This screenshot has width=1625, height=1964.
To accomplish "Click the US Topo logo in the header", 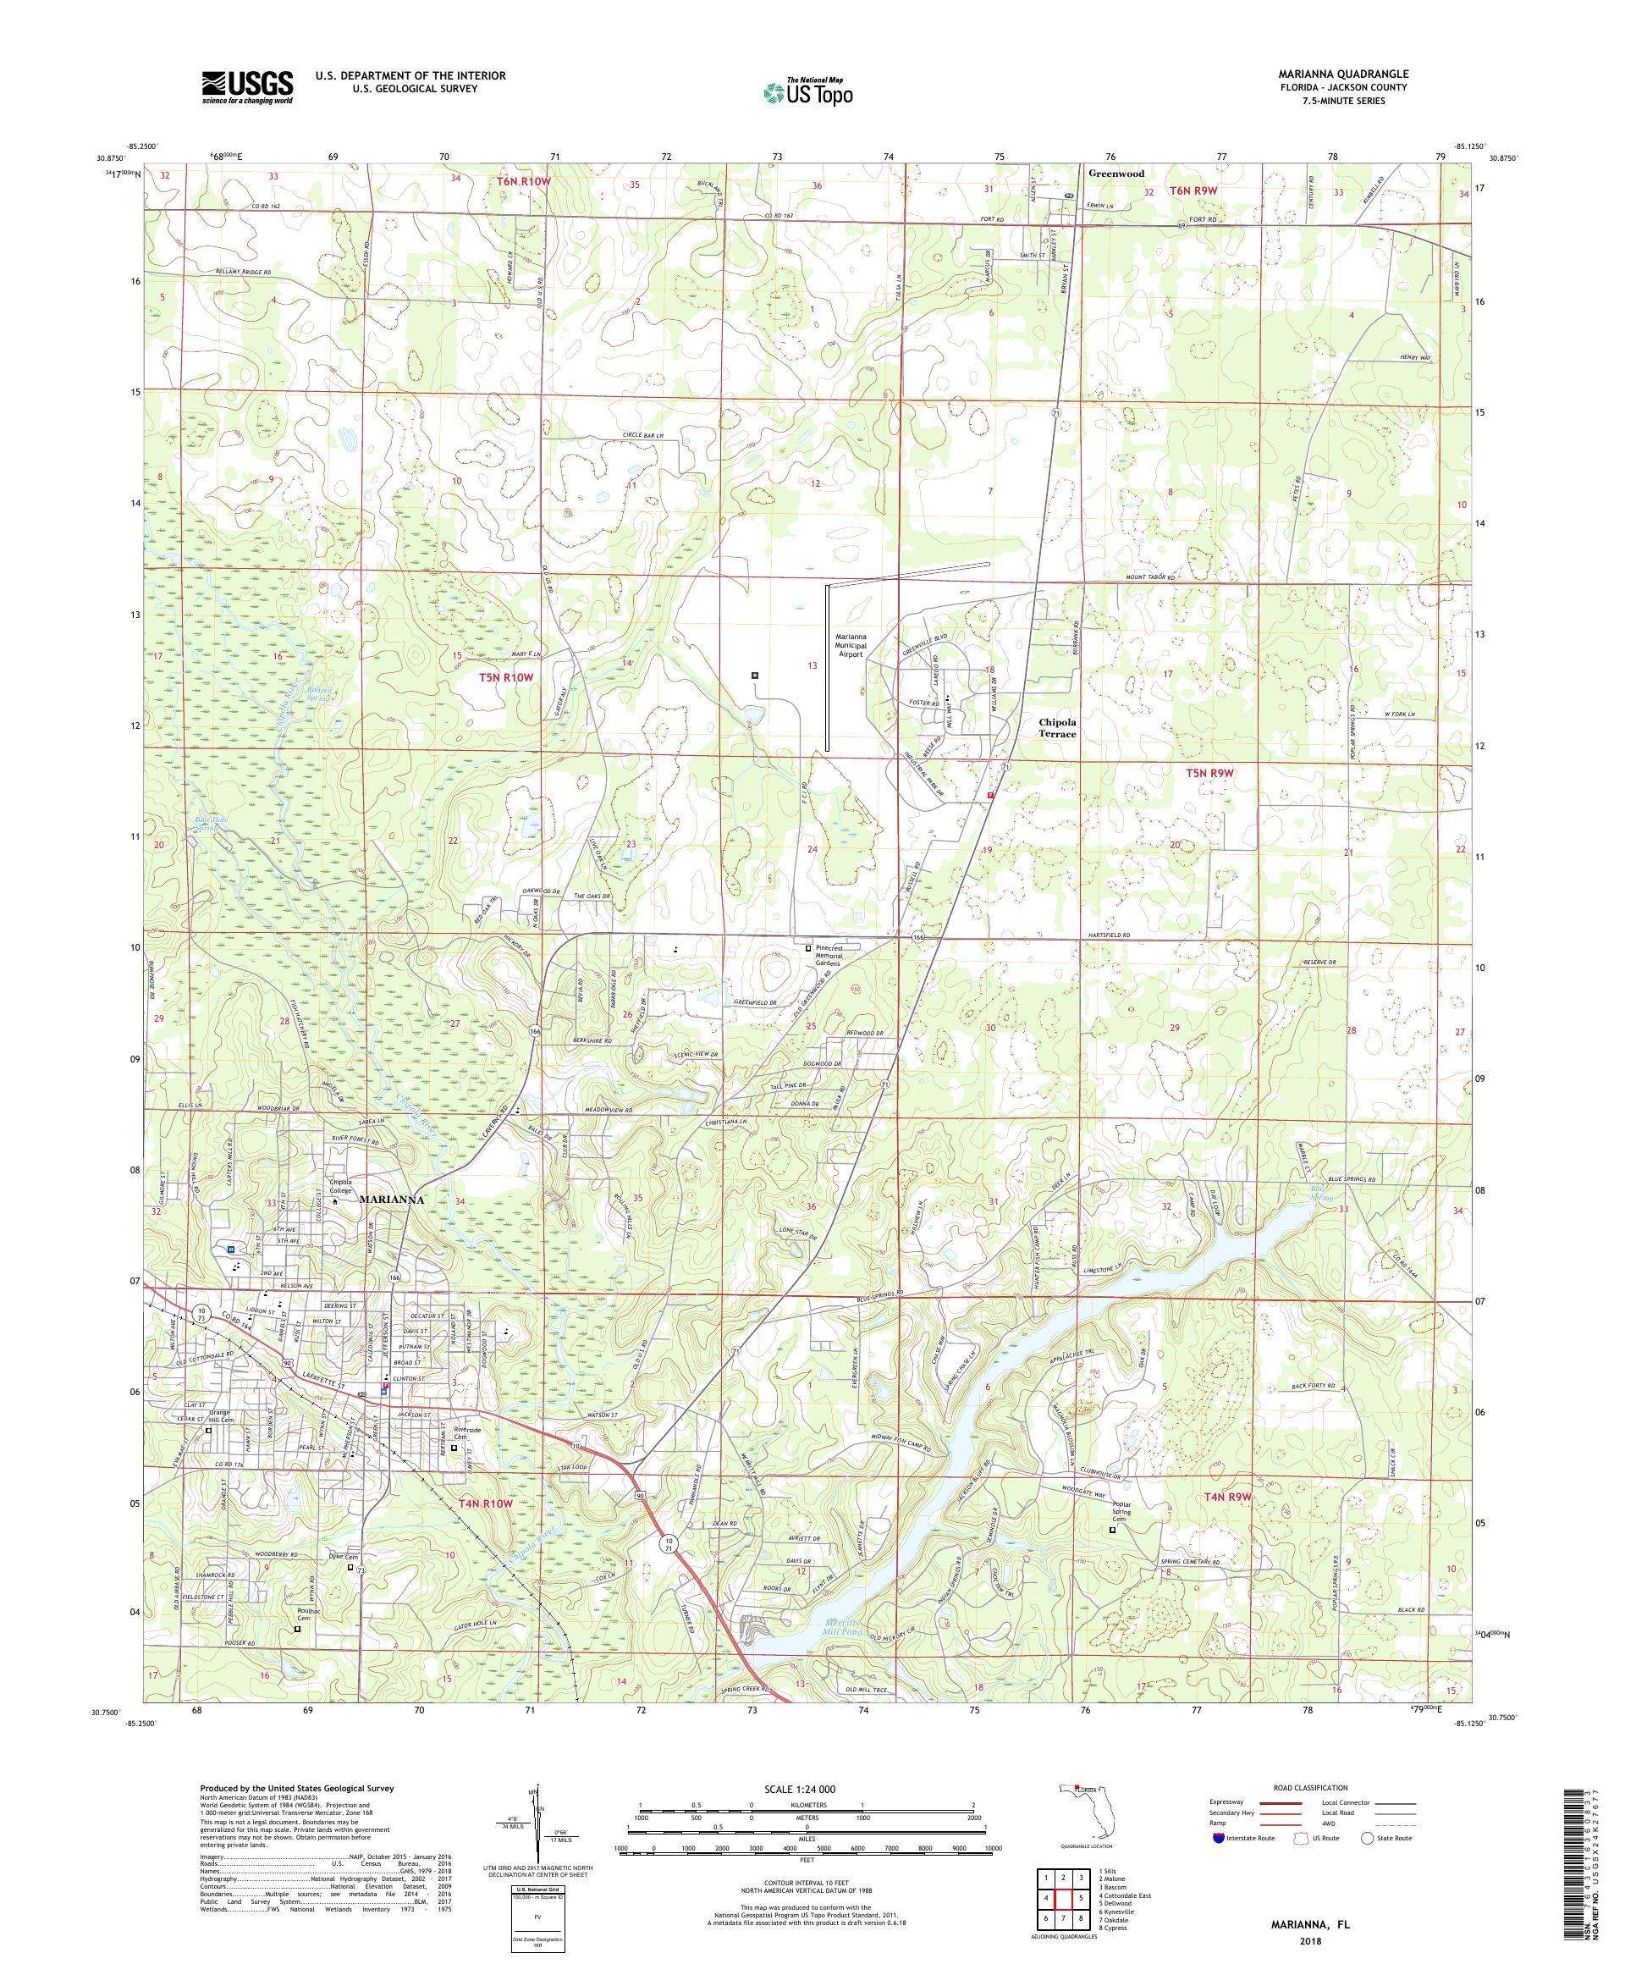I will tap(809, 91).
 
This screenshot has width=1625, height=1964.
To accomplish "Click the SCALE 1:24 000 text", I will tap(807, 1788).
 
